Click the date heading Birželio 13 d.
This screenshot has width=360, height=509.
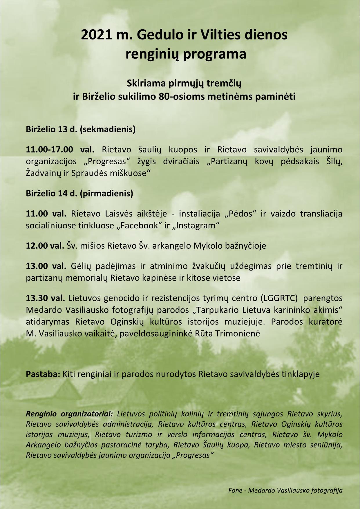[x=50, y=129]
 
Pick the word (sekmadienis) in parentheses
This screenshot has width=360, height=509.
[x=107, y=129]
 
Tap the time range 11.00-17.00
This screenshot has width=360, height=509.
[x=50, y=149]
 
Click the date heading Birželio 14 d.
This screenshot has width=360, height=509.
[x=50, y=193]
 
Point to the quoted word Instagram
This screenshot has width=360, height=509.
[x=196, y=225]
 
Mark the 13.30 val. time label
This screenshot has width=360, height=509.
[x=46, y=298]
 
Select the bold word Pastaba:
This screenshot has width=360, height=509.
[x=43, y=374]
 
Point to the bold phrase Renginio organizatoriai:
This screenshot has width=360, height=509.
[x=71, y=413]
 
